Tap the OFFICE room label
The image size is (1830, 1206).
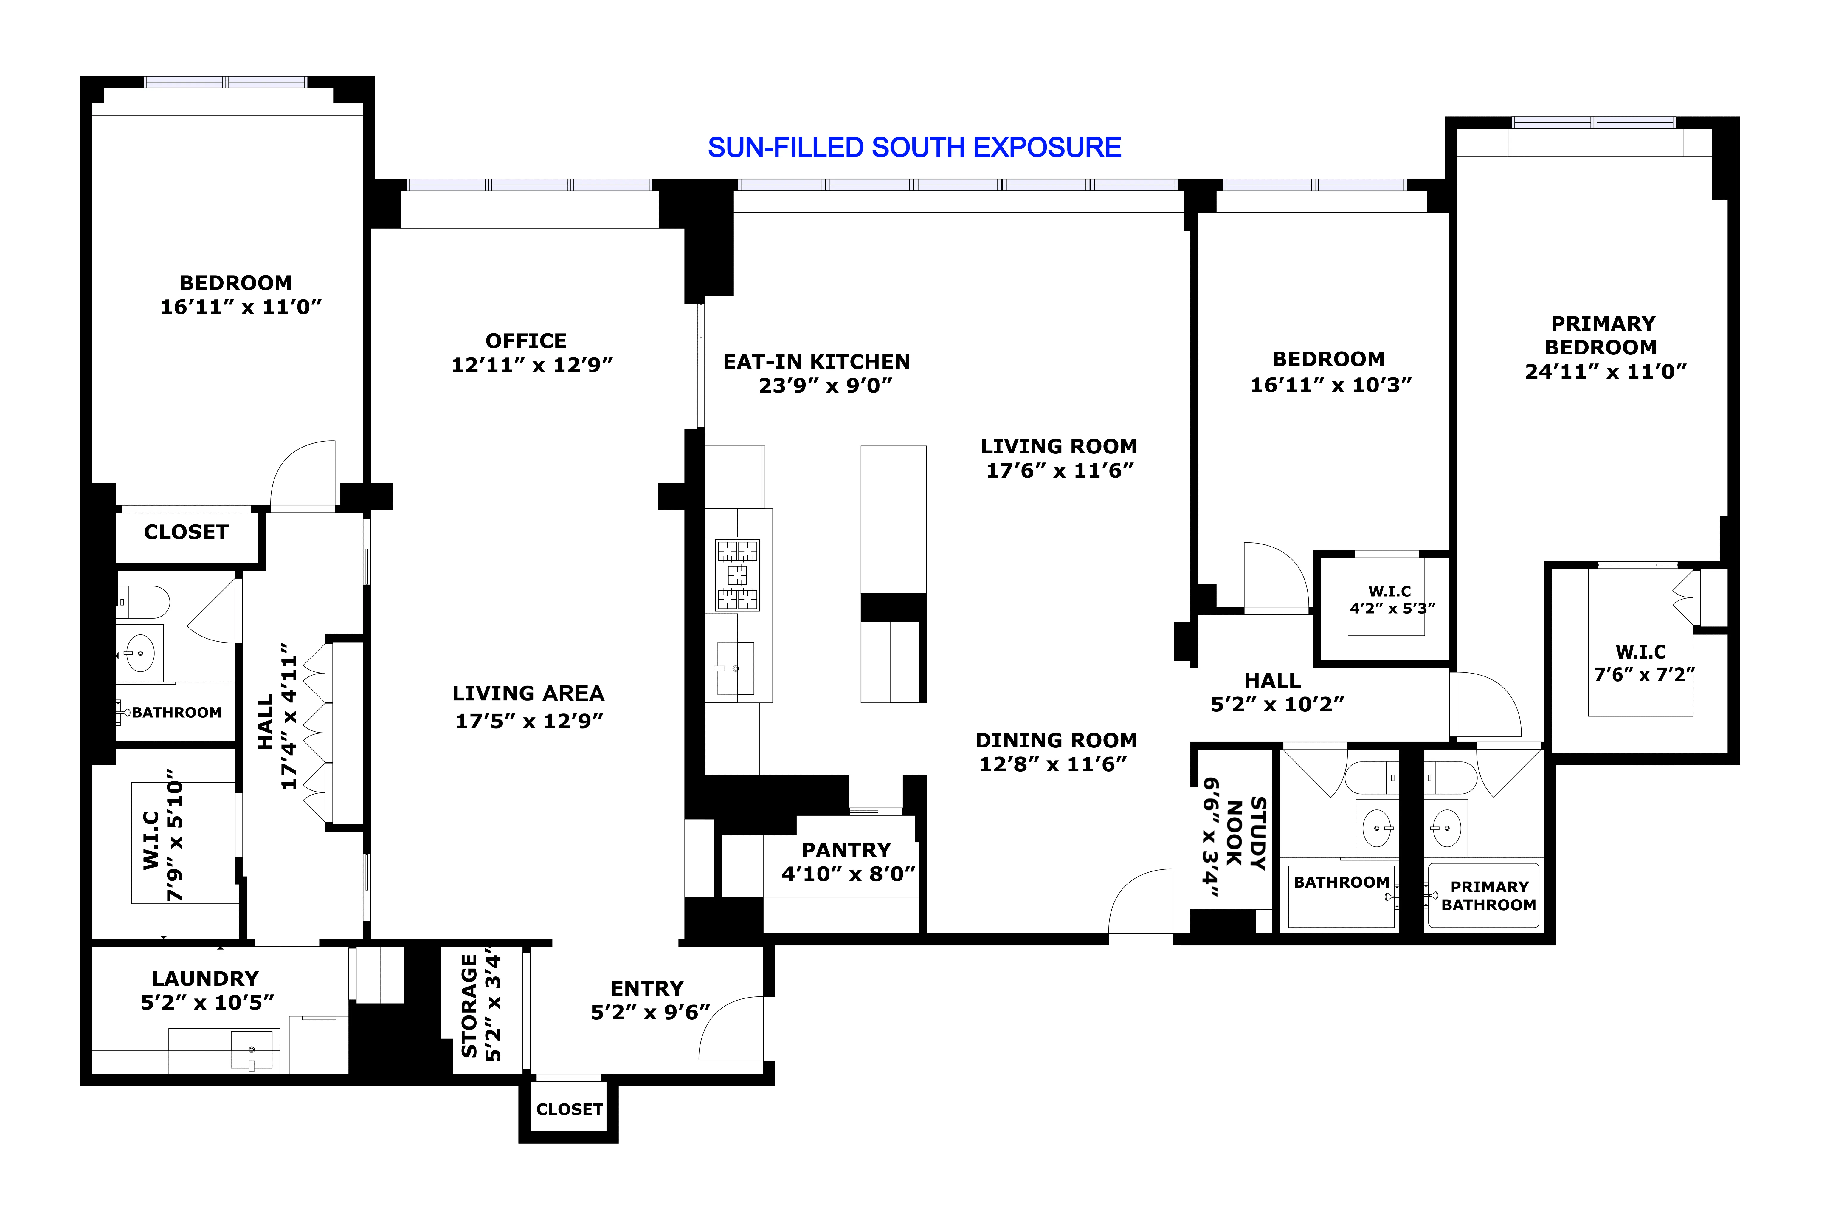pos(526,341)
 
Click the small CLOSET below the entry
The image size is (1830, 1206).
pos(569,1109)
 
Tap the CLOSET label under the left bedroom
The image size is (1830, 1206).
pos(186,532)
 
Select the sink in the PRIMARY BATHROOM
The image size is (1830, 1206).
pos(1446,828)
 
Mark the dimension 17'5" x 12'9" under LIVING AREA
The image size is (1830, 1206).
pos(529,721)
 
